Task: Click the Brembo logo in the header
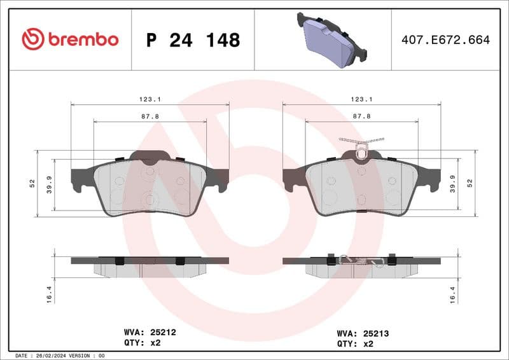70,39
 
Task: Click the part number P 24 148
193,40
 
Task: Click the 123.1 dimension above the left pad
150,99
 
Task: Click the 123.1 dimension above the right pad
361,99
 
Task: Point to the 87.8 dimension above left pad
150,116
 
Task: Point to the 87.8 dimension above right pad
361,116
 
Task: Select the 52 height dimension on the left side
31,183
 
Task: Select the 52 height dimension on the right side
470,183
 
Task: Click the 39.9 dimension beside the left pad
49,183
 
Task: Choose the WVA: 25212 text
149,332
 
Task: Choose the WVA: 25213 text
363,333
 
